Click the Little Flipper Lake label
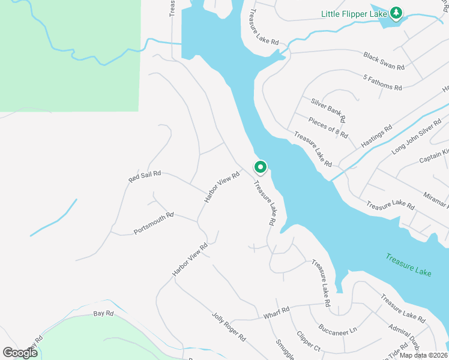click(354, 13)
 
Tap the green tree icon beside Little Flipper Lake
click(396, 13)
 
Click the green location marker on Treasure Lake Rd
click(260, 167)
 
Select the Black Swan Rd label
click(384, 60)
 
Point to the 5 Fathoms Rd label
click(382, 82)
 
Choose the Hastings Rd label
click(376, 137)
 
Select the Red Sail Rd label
click(145, 176)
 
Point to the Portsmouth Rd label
click(154, 223)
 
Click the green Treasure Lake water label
click(408, 264)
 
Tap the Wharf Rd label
click(277, 313)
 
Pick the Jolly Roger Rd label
click(229, 326)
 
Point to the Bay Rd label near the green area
click(103, 313)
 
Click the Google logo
click(20, 352)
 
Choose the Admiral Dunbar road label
click(406, 335)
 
